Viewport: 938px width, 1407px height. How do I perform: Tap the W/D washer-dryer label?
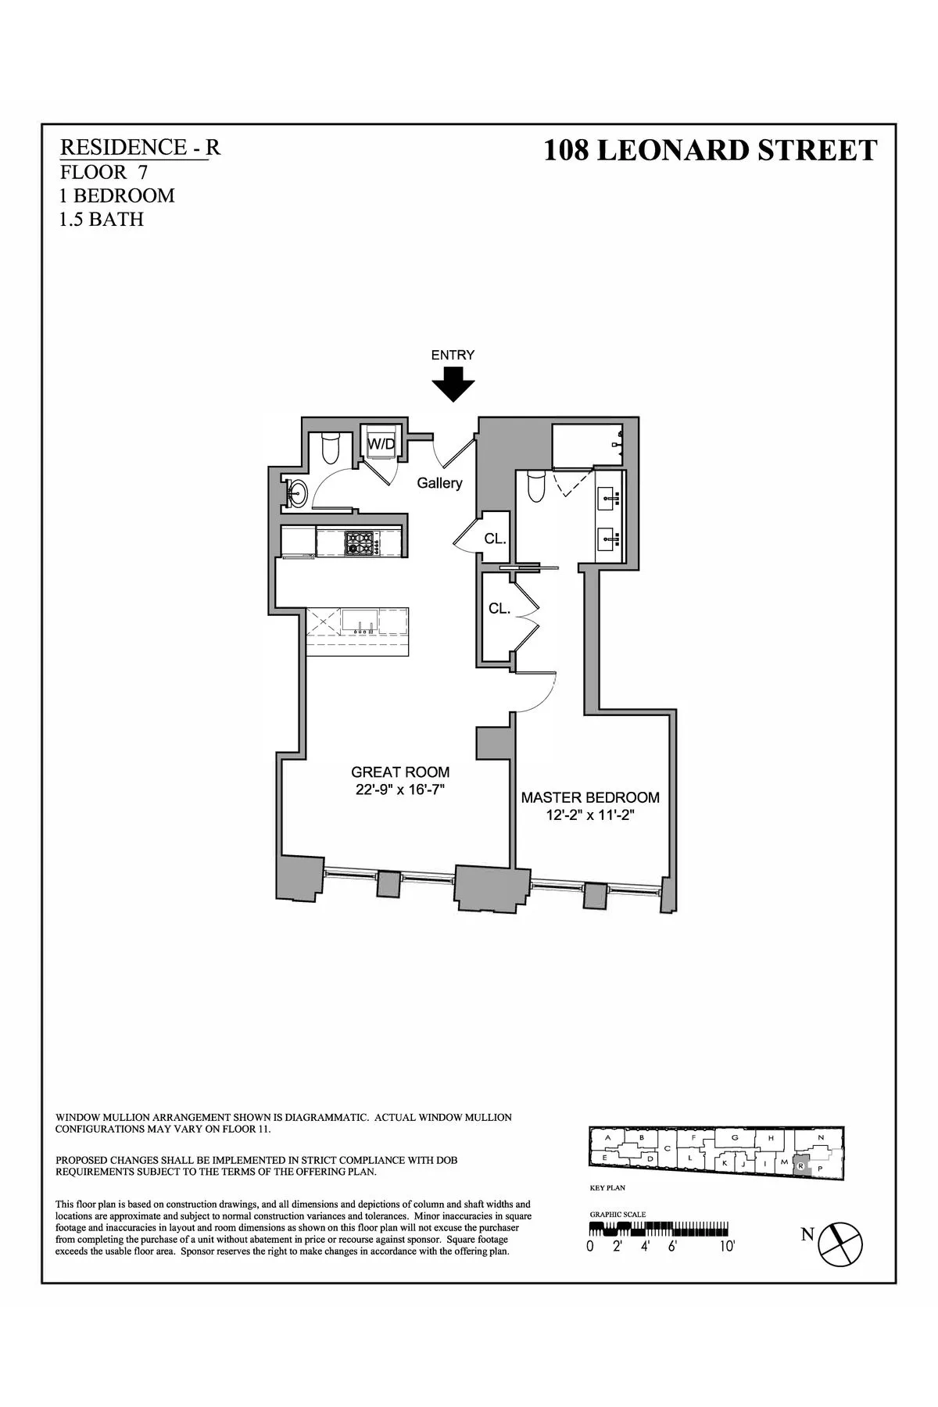tap(381, 444)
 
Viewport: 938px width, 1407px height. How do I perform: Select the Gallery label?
tap(439, 483)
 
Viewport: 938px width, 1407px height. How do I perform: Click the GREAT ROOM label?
tap(400, 772)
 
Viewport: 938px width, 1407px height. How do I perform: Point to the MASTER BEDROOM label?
tap(590, 797)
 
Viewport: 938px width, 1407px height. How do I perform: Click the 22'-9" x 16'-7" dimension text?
tap(400, 789)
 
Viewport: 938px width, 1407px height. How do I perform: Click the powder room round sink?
tap(296, 492)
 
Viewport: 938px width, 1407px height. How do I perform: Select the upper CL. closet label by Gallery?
tap(495, 539)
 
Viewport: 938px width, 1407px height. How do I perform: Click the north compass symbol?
tap(840, 1257)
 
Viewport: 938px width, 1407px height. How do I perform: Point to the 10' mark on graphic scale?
tap(727, 1248)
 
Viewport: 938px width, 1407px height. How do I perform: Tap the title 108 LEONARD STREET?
tap(710, 150)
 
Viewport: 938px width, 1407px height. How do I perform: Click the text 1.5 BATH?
tap(102, 220)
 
